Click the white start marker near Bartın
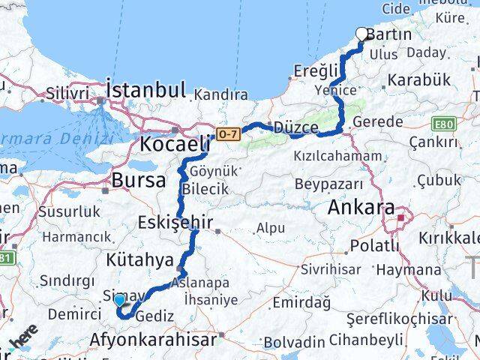(362, 34)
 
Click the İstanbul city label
(146, 89)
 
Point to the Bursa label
(139, 180)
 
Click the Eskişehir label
(176, 222)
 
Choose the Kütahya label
(138, 259)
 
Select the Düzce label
(296, 127)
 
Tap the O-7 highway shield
(226, 133)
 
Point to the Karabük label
(418, 79)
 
